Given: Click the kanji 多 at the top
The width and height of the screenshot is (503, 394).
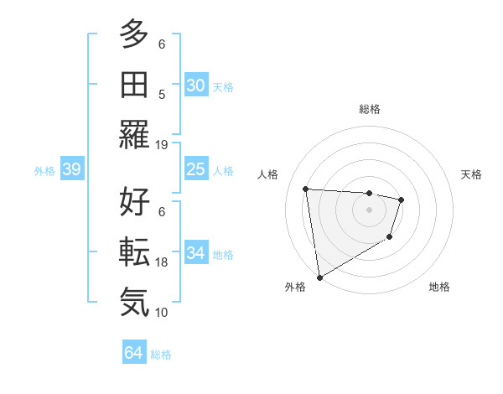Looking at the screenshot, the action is point(134,34).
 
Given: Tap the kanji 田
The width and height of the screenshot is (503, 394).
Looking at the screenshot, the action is point(134,84).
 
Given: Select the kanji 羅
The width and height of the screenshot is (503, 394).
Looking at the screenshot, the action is point(134,134).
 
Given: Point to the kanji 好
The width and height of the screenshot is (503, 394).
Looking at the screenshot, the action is point(134,202).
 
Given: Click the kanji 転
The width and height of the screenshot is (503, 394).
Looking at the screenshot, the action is point(134,252).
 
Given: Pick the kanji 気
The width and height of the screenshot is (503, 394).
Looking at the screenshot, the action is point(134,302).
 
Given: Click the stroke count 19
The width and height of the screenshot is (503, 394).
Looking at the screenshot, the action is point(162,144).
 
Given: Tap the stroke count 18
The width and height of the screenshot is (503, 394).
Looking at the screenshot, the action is point(162,262).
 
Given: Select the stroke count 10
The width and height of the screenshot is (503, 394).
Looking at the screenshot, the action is point(162,313).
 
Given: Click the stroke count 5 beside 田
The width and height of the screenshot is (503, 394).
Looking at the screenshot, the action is point(162,95).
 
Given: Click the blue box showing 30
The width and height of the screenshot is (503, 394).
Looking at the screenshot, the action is point(195,86).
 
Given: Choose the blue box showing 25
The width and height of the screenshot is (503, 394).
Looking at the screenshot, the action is point(195,170).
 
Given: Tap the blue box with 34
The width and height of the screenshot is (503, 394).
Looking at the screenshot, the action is point(195,253).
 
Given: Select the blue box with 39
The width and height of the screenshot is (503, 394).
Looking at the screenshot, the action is point(71,170).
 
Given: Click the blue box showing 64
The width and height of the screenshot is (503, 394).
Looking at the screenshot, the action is point(133,353).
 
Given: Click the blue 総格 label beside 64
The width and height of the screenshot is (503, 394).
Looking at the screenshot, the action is point(161,355).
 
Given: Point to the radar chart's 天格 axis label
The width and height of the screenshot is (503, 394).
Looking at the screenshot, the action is point(472,174).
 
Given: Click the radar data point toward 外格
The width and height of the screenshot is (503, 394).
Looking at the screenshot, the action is point(319,277).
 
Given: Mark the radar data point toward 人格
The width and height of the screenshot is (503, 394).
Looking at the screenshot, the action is point(306,189).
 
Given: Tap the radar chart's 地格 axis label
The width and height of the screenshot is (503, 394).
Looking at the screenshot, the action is point(439,287).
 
